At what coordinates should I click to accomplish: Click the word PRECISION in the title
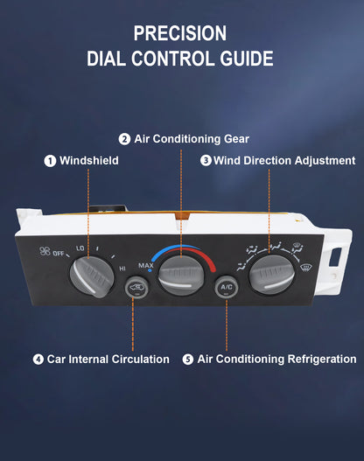click(x=180, y=33)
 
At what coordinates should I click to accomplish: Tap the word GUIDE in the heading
click(x=247, y=59)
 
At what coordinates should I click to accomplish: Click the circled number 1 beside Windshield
click(x=50, y=161)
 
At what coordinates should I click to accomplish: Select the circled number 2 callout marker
click(x=124, y=139)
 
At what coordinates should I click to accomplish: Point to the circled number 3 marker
click(x=206, y=161)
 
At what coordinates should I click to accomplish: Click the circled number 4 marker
click(x=38, y=360)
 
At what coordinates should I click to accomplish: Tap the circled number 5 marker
click(x=188, y=360)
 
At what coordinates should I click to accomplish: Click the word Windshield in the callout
click(x=89, y=161)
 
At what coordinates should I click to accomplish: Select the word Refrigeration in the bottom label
click(x=322, y=360)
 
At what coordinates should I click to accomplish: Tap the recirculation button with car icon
click(x=136, y=287)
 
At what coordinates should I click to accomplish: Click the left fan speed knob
click(x=92, y=276)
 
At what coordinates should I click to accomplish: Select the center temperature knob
click(x=181, y=276)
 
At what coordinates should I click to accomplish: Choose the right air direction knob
click(x=271, y=275)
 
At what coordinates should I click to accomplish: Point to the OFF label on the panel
click(x=59, y=253)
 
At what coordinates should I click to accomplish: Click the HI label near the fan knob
click(x=122, y=269)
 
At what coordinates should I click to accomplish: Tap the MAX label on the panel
click(x=146, y=266)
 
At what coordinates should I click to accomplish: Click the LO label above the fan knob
click(x=80, y=248)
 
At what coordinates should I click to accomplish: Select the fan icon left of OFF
click(x=45, y=251)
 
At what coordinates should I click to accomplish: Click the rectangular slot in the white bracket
click(x=335, y=256)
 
